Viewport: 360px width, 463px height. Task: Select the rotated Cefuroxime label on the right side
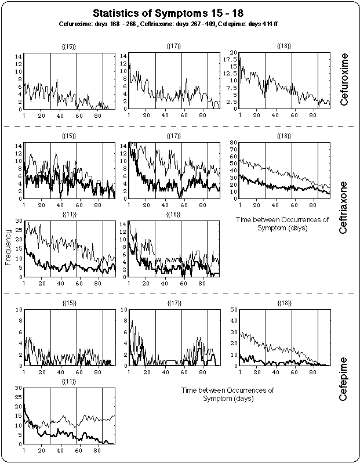tap(345, 85)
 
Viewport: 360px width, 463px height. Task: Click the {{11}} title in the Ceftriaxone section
tap(69, 214)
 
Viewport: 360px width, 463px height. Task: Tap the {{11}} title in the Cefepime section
tap(69, 381)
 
